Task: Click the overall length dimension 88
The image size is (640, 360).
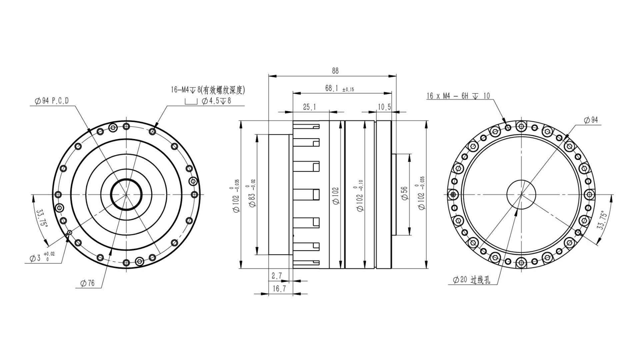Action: point(335,71)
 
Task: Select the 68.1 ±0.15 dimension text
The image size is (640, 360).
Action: point(339,88)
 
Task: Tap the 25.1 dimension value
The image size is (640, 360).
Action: point(309,107)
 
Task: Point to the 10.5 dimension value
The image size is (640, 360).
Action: point(384,107)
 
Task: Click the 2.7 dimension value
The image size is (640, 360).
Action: point(277,276)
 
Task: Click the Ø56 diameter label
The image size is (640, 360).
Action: point(404,193)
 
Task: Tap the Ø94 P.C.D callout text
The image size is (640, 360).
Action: point(52,101)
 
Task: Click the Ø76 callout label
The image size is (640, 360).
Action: point(87,283)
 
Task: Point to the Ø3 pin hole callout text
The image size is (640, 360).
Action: point(42,257)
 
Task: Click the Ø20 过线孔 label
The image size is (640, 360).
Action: point(471,280)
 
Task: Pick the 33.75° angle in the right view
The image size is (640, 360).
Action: point(602,220)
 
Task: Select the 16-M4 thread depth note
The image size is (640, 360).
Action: point(208,90)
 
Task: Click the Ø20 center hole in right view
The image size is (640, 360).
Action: point(521,180)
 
